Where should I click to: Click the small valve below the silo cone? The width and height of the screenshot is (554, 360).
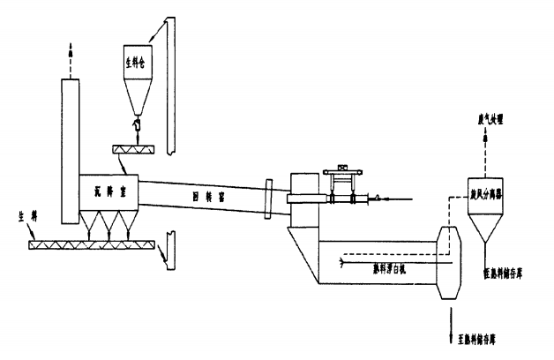pyautogui.click(x=137, y=128)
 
